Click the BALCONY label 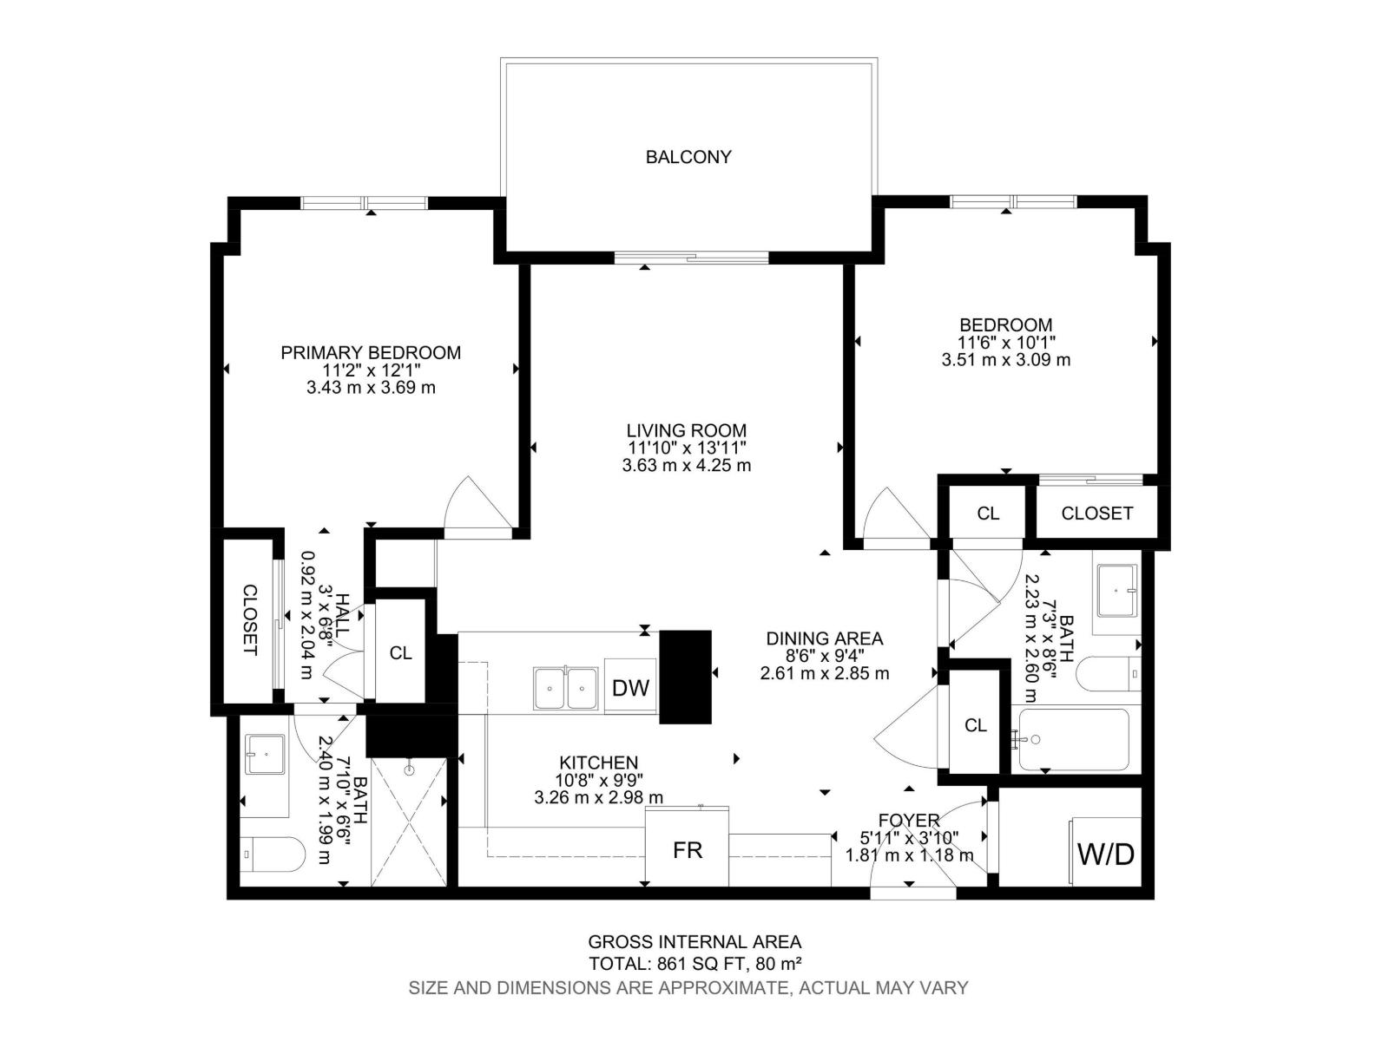click(x=688, y=157)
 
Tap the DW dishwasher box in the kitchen click(x=630, y=688)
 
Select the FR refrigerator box click(x=687, y=850)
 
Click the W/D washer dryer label click(x=1105, y=854)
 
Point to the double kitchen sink click(x=565, y=689)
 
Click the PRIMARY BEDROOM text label click(x=371, y=352)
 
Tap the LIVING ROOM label click(x=686, y=430)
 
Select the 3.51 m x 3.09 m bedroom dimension click(x=1005, y=359)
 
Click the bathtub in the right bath click(x=1074, y=740)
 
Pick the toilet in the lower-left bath click(x=272, y=854)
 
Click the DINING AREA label click(x=824, y=638)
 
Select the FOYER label click(x=908, y=820)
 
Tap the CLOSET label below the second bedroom click(x=1096, y=514)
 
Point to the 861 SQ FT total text click(x=694, y=963)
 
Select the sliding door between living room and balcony click(x=692, y=257)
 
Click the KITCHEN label click(x=599, y=763)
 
